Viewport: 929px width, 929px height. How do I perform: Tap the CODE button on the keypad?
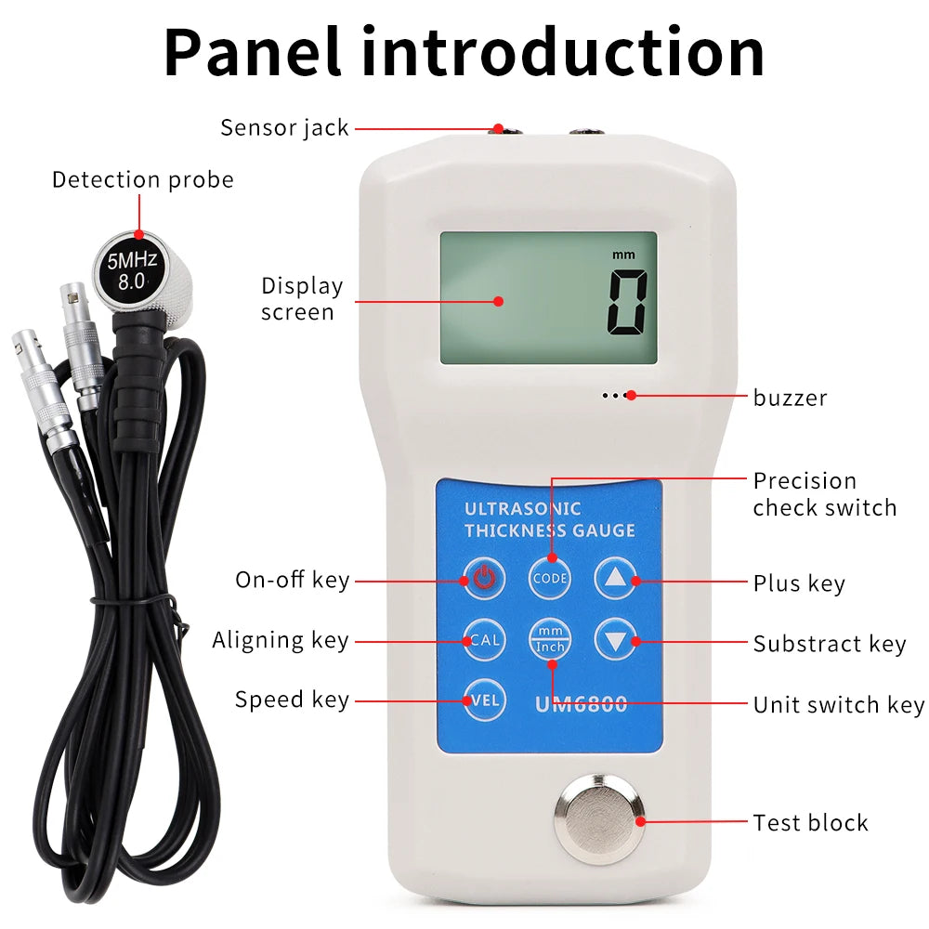coord(550,579)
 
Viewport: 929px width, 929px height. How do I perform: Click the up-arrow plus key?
coord(615,579)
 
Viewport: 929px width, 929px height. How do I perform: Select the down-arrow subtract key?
coord(615,639)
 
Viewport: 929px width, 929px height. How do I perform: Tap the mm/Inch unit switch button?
coord(550,639)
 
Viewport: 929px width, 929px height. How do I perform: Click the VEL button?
coord(484,700)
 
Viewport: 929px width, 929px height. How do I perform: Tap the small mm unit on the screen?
coord(621,254)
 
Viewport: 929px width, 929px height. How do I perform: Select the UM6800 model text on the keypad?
coord(581,705)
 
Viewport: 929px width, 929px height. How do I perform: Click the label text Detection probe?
coord(142,179)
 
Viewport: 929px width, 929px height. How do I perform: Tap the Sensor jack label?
coord(284,127)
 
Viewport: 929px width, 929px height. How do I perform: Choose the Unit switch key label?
coord(838,705)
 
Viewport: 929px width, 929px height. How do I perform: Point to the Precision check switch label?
coord(824,494)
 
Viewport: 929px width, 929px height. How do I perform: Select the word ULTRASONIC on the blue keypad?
coord(522,508)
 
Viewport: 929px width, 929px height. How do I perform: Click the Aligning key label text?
coord(280,640)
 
